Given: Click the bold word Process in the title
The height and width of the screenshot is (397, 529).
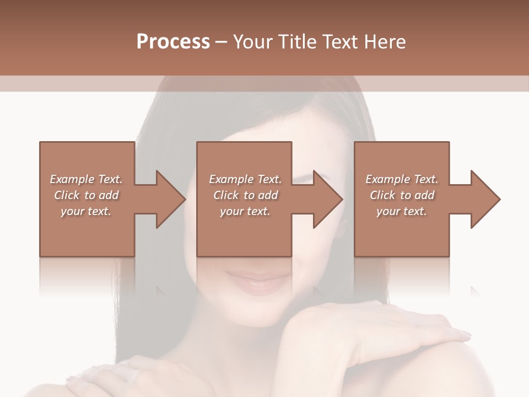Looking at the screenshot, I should (x=173, y=42).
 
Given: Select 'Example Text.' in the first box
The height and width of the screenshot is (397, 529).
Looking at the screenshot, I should (x=86, y=179).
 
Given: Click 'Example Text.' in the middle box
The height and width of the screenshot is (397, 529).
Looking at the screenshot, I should (x=245, y=179).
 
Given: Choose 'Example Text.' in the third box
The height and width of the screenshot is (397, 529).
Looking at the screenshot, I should (x=402, y=179).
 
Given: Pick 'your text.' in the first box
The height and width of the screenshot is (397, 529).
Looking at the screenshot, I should (x=86, y=211).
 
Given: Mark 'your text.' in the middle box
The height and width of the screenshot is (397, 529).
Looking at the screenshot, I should (x=245, y=211).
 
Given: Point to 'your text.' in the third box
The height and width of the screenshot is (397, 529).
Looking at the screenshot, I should (x=402, y=211).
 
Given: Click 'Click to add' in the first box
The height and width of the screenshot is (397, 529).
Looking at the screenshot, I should (x=86, y=195).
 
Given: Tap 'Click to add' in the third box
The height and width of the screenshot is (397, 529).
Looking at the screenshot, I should (x=402, y=195).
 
